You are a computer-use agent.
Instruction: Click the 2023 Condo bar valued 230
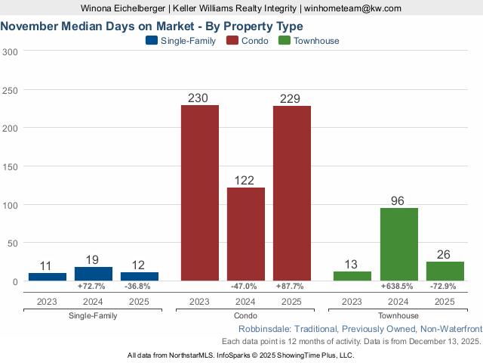(200, 193)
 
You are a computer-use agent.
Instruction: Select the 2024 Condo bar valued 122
(246, 234)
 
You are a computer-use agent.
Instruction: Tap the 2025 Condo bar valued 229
(292, 193)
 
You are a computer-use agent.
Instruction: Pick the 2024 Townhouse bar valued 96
(399, 244)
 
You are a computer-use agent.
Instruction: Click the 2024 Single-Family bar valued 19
(94, 274)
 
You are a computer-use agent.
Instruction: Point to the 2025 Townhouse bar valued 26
(445, 271)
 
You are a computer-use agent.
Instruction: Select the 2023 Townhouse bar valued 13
(352, 276)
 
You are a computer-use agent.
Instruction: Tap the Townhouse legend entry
(309, 41)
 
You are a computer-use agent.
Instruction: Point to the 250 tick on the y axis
(10, 90)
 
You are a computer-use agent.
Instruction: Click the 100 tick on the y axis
(10, 205)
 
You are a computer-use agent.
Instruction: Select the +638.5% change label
(399, 287)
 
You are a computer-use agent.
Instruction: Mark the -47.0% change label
(246, 287)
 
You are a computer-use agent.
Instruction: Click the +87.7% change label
(292, 287)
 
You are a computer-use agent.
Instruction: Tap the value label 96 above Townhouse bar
(399, 201)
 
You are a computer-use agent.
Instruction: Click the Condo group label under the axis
(246, 315)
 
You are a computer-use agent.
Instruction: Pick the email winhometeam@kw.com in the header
(352, 8)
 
